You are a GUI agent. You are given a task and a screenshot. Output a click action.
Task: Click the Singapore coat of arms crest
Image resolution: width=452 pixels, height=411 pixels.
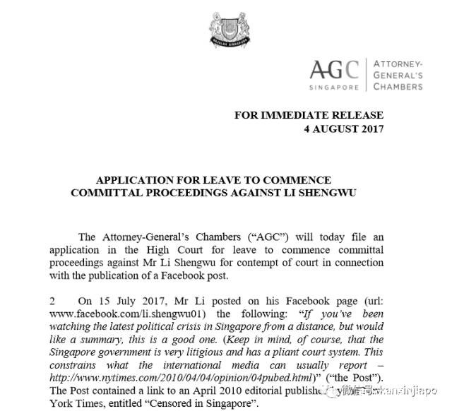[227, 32]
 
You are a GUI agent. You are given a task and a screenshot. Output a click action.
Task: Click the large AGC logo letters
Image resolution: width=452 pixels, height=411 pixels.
[335, 70]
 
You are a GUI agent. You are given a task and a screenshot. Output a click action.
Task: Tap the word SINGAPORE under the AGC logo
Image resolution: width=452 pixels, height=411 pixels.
[335, 88]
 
